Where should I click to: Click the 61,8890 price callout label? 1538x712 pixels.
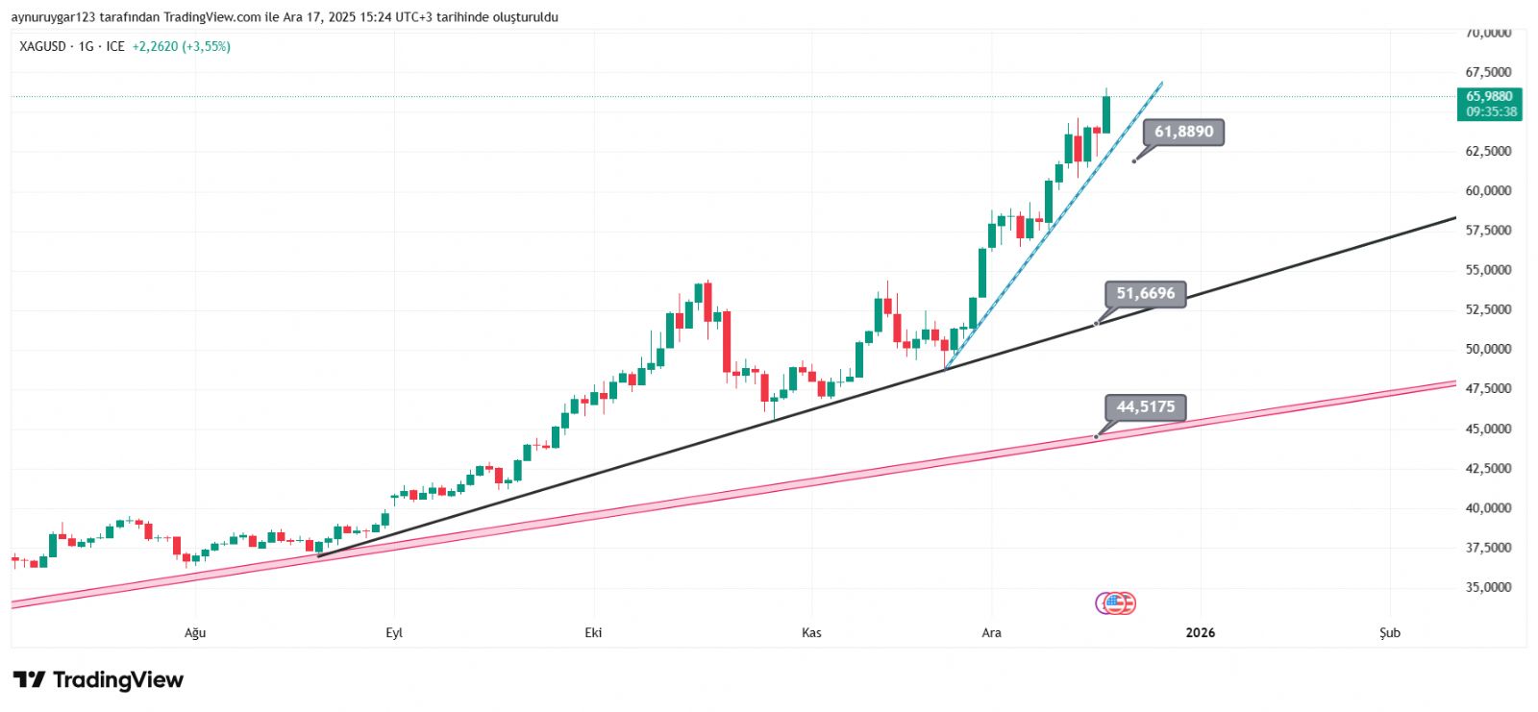coord(1183,132)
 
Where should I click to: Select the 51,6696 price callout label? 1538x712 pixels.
coord(1145,294)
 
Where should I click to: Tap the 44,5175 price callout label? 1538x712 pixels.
coord(1145,407)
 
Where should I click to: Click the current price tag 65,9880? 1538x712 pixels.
coord(1489,96)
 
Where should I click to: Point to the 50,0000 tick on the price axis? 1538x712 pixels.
coord(1488,350)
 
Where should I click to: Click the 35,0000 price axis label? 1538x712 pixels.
coord(1488,587)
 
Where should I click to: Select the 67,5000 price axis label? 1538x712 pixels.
coord(1488,72)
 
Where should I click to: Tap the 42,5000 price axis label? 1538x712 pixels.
coord(1488,469)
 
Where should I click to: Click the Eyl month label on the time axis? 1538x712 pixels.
coord(394,632)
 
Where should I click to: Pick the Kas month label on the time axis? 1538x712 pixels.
coord(811,632)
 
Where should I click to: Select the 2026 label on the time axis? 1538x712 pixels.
coord(1200,632)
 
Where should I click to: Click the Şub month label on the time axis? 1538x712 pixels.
coord(1390,632)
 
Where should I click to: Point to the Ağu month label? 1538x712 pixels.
coord(195,632)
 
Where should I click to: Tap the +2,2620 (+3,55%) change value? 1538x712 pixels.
coord(181,46)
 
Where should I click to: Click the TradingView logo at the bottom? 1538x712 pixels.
coord(98,680)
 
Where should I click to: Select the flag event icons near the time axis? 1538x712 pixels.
coord(1116,603)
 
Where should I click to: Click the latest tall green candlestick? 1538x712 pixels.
coord(1106,113)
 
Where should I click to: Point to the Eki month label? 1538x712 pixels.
coord(593,632)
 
